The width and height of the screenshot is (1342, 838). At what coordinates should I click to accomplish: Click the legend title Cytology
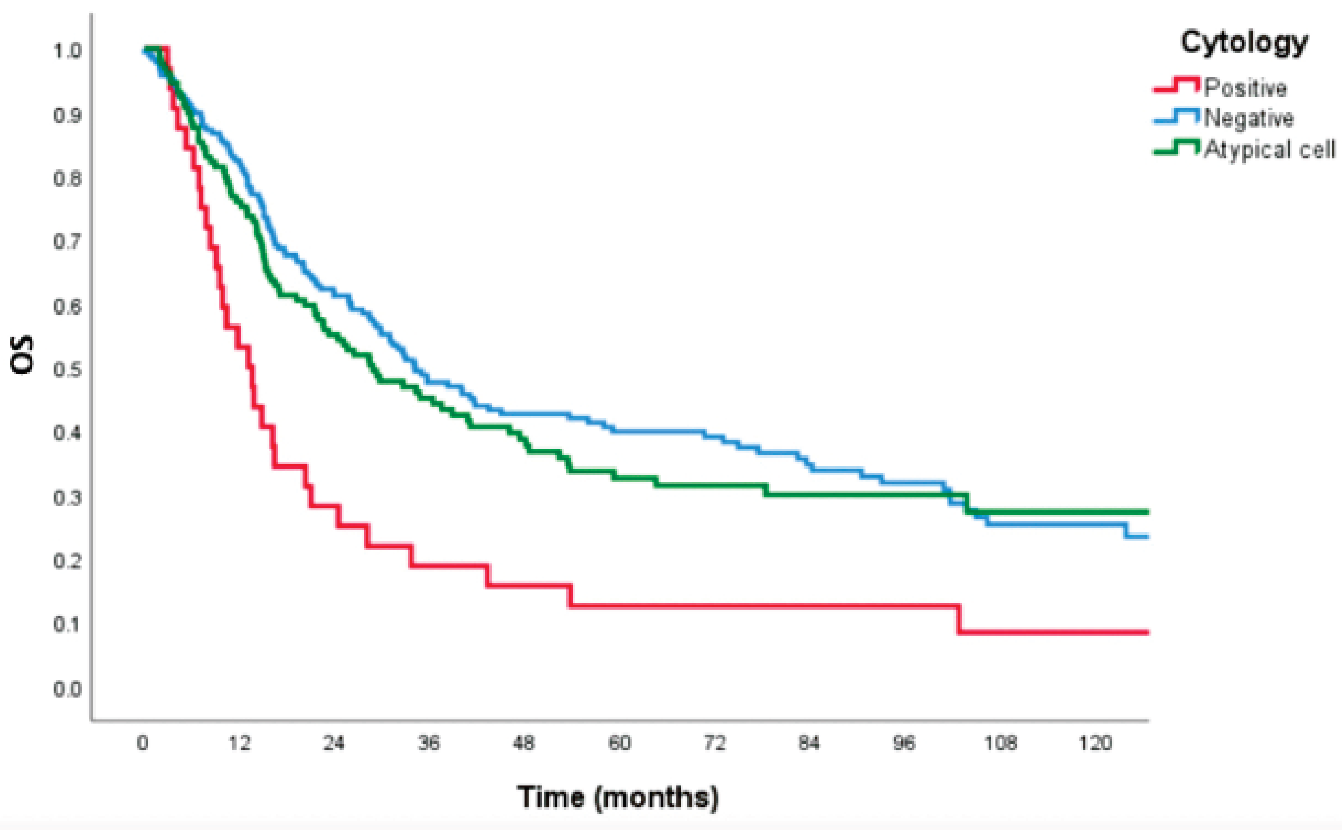pyautogui.click(x=1244, y=42)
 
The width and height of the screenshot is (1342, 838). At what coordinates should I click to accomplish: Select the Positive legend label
pyautogui.click(x=1245, y=88)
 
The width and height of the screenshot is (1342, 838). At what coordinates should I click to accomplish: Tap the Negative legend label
pyautogui.click(x=1249, y=118)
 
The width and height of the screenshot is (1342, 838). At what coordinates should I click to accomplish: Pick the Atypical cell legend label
pyautogui.click(x=1269, y=149)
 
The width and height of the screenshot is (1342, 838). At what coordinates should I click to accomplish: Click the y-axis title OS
pyautogui.click(x=22, y=355)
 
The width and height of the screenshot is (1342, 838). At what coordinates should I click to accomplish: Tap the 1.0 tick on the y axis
pyautogui.click(x=68, y=51)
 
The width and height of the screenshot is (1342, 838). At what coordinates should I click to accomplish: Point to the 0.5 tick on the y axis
pyautogui.click(x=68, y=370)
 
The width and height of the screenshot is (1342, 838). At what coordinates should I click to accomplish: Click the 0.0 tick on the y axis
pyautogui.click(x=68, y=690)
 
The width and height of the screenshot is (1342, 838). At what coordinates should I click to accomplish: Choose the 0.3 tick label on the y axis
pyautogui.click(x=68, y=498)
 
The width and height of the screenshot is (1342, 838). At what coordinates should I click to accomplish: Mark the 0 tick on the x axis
pyautogui.click(x=143, y=742)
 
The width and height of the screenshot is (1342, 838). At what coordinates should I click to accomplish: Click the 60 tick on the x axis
pyautogui.click(x=620, y=742)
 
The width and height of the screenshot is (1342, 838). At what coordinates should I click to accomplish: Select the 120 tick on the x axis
pyautogui.click(x=1095, y=742)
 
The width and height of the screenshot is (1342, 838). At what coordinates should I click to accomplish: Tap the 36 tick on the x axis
pyautogui.click(x=429, y=742)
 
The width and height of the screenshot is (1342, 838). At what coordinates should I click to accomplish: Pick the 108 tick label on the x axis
pyautogui.click(x=1000, y=742)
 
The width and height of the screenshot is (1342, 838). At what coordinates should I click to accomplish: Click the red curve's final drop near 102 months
pyautogui.click(x=958, y=619)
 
